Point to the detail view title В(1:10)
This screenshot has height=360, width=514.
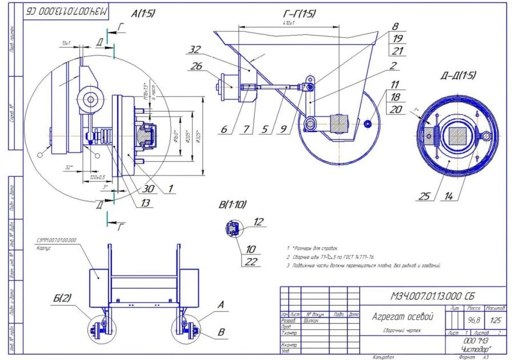click(x=234, y=204)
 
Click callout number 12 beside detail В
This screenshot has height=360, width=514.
click(x=258, y=222)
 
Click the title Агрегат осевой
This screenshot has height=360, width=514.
click(x=403, y=316)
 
